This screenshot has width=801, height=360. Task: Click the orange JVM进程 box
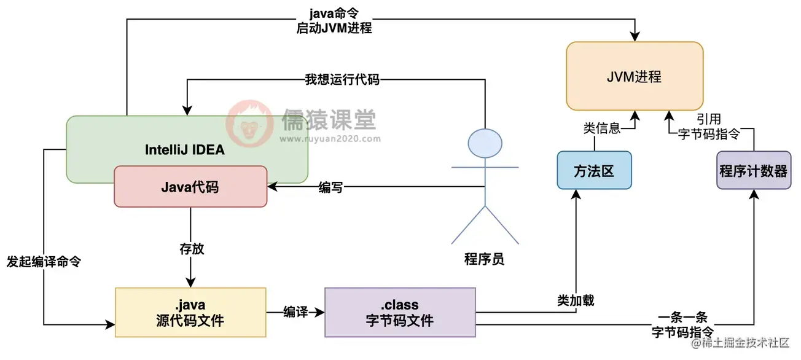[x=635, y=76]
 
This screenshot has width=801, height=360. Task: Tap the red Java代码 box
[x=190, y=187]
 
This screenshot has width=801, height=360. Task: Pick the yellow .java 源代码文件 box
[x=190, y=312]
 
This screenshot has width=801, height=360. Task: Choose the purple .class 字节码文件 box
[x=400, y=312]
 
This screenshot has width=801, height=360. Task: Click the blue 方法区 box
[x=594, y=170]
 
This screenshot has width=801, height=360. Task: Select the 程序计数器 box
[x=753, y=170]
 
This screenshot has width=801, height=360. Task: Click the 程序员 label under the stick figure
[x=485, y=259]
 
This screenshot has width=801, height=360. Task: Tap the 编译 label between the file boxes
[x=295, y=311]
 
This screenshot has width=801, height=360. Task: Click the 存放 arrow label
[x=191, y=249]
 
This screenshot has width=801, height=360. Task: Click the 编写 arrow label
[x=330, y=188]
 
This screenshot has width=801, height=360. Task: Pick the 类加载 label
[x=576, y=301]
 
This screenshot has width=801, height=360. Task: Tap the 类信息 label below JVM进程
[x=601, y=128]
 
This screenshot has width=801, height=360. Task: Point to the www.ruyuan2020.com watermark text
[x=330, y=139]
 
